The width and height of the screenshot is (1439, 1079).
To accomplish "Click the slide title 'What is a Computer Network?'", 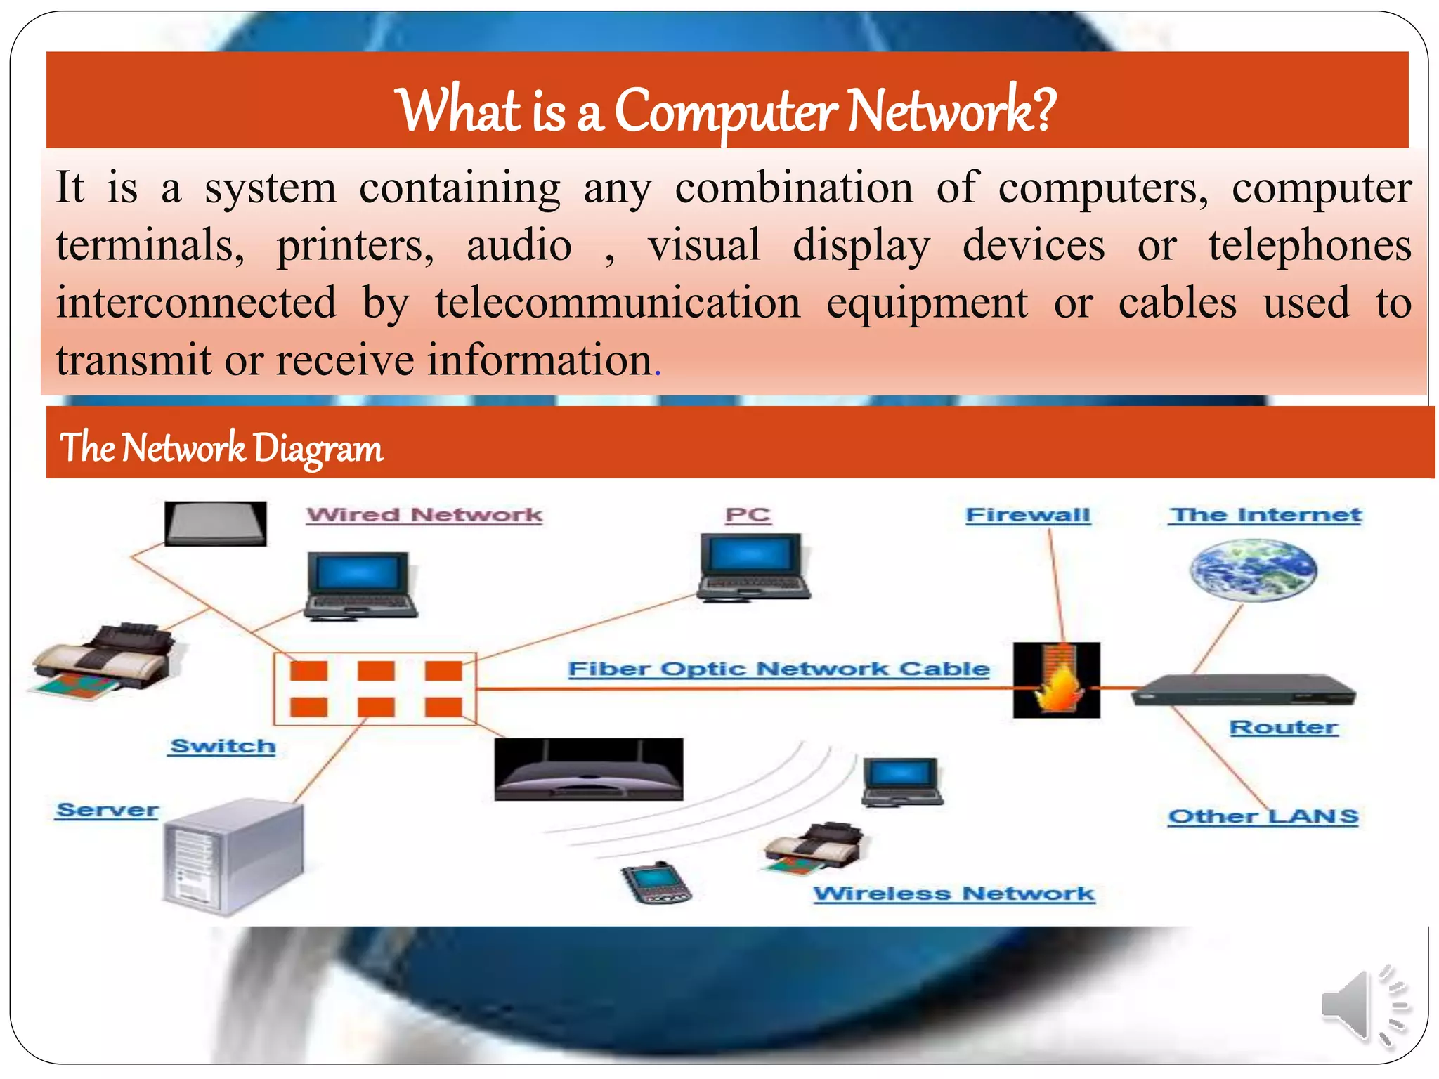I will pos(727,111).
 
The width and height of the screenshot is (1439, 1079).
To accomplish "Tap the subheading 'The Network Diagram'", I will pos(221,447).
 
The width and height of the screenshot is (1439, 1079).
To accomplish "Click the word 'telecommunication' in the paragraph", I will pos(618,303).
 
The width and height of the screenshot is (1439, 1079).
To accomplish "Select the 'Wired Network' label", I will pos(424,515).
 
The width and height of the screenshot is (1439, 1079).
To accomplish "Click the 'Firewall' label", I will pos(1028,515).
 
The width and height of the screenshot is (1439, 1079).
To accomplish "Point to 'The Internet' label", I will pos(1265,515).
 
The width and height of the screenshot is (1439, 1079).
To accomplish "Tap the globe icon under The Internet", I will pos(1253,570).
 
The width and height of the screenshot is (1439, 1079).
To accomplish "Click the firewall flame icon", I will pos(1056,680).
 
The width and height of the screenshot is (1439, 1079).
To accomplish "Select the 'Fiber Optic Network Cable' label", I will pos(779,669).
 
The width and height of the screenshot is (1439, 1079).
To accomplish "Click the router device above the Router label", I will pos(1243,690).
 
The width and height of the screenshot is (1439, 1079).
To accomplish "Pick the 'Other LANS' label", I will pos(1263,816).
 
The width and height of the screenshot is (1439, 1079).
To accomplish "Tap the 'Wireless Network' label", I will pos(953,894).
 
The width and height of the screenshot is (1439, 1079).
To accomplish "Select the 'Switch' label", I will pos(223,746).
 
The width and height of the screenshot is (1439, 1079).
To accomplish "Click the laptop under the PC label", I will pos(753,568).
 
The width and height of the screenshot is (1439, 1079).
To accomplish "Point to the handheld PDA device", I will pos(656,883).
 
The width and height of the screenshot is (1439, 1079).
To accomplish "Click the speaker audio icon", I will pos(1364,1006).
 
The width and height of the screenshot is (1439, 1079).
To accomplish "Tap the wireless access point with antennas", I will pos(588,770).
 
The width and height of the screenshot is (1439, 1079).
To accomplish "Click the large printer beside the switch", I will pos(105,660).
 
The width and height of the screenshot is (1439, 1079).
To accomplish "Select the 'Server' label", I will pos(107,810).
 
